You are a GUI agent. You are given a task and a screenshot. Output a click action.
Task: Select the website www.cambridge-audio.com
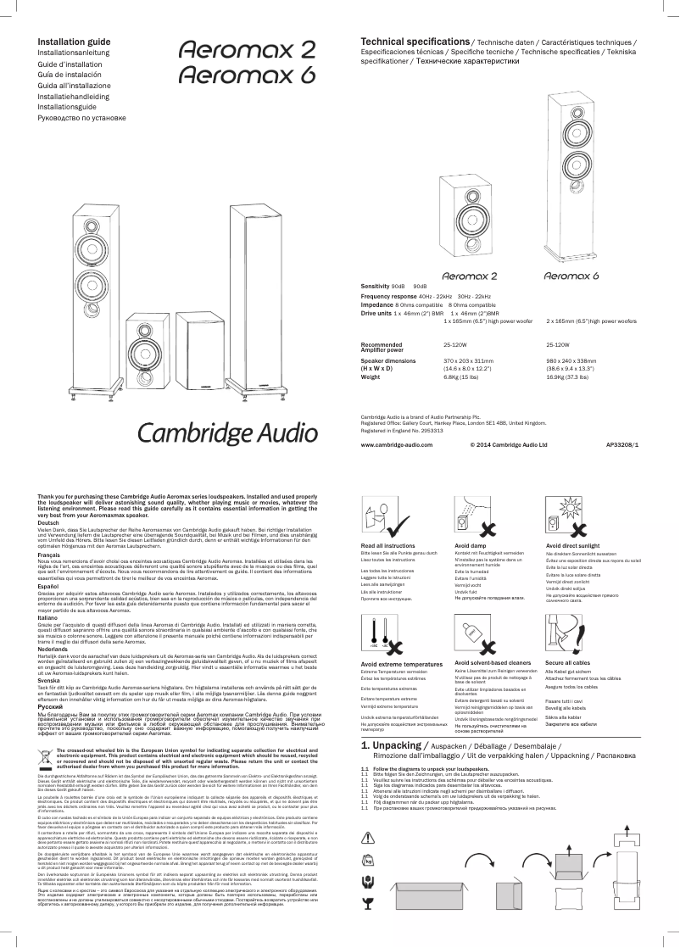pos(396,443)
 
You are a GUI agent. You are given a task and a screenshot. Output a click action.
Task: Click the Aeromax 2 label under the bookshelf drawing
pos(470,276)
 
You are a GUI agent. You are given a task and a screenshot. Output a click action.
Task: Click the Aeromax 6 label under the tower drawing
pos(571,276)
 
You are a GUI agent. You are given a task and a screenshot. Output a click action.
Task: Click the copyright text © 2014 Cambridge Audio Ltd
pos(508,443)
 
